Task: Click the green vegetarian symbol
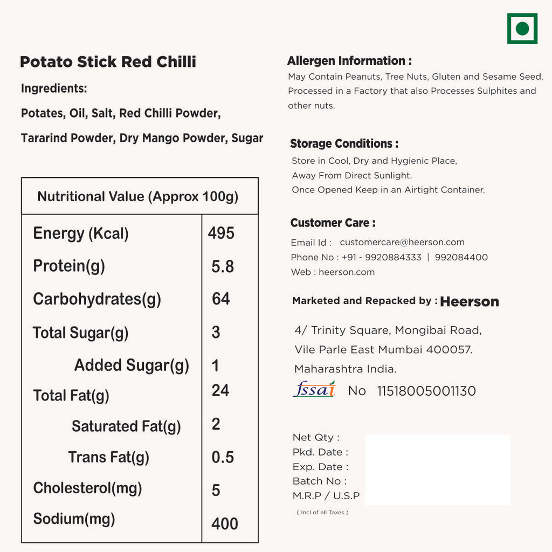click(x=522, y=29)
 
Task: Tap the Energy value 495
click(x=221, y=233)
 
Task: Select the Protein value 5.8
click(x=223, y=266)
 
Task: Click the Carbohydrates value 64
click(x=221, y=299)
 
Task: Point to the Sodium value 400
click(x=225, y=523)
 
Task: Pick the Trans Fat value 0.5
click(x=223, y=457)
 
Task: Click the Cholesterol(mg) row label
click(x=87, y=488)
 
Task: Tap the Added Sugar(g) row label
click(x=132, y=365)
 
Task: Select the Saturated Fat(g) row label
click(x=126, y=426)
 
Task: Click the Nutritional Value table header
click(x=138, y=196)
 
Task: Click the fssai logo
click(x=314, y=389)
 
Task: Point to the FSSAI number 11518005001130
click(x=426, y=391)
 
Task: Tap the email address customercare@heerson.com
click(x=402, y=243)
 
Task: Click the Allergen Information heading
click(x=349, y=61)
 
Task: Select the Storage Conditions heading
click(x=344, y=143)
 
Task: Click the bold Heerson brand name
click(x=469, y=302)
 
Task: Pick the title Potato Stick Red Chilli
click(x=108, y=62)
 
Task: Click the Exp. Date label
click(x=320, y=467)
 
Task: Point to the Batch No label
click(x=319, y=481)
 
